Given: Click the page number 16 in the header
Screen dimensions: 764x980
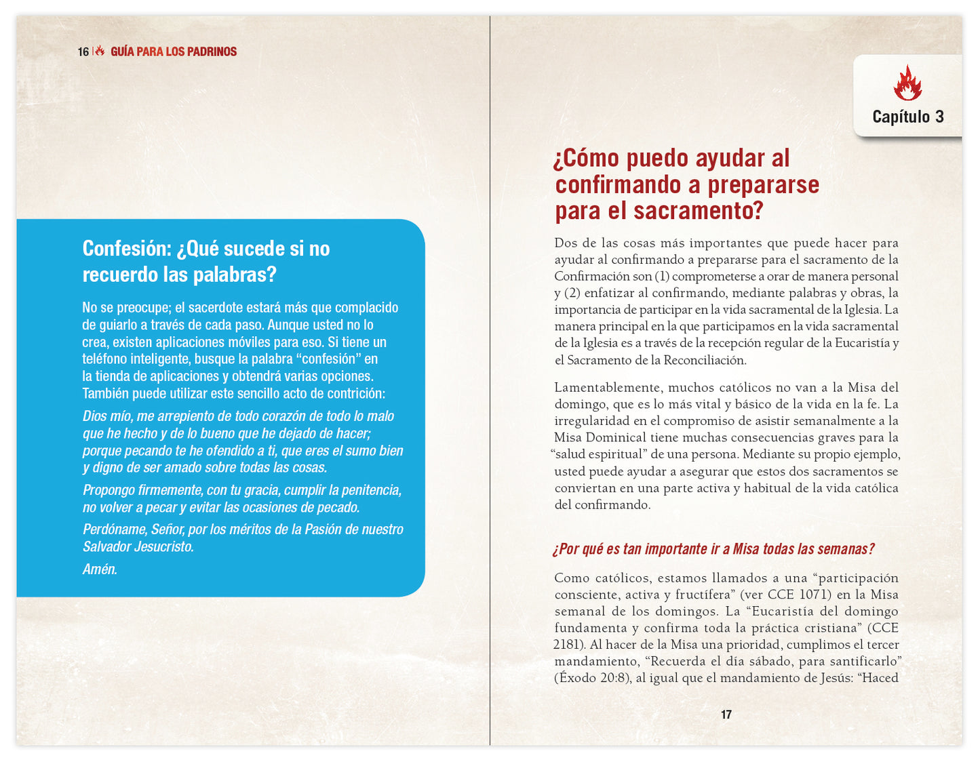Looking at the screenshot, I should [83, 52].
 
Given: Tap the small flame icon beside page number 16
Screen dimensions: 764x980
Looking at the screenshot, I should [100, 51].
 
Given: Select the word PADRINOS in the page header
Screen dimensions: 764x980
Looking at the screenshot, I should [212, 52].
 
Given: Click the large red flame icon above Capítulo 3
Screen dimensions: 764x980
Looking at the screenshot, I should [907, 83].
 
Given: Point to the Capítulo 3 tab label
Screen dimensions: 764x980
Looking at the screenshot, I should [907, 117].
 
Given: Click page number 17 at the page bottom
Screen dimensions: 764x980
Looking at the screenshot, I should [726, 715].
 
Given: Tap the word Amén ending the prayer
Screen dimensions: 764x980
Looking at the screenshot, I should [100, 569].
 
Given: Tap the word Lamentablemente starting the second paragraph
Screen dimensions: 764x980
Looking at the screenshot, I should [608, 387].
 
